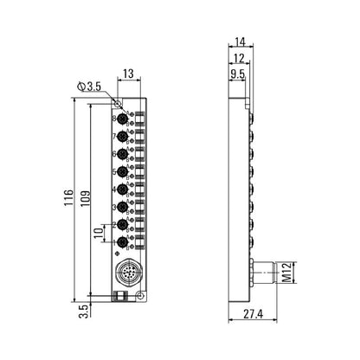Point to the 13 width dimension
pyautogui.click(x=128, y=74)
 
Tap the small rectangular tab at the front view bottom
pyautogui.click(x=119, y=298)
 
